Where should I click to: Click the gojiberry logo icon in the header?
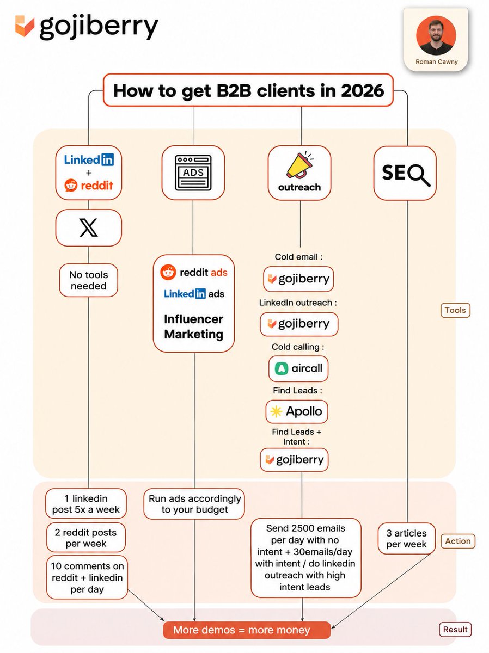pyautogui.click(x=25, y=26)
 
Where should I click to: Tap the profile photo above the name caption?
pyautogui.click(x=436, y=35)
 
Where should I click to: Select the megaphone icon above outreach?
pyautogui.click(x=299, y=165)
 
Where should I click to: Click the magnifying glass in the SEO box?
pyautogui.click(x=419, y=175)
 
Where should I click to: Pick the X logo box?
pyautogui.click(x=88, y=227)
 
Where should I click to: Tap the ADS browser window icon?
pyautogui.click(x=193, y=173)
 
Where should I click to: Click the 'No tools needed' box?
pyautogui.click(x=88, y=280)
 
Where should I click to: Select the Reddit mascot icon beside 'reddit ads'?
pyautogui.click(x=168, y=272)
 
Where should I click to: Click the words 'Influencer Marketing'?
pyautogui.click(x=193, y=326)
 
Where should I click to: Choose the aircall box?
pyautogui.click(x=298, y=368)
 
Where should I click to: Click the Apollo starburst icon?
pyautogui.click(x=276, y=412)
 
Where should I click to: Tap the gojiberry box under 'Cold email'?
pyautogui.click(x=298, y=279)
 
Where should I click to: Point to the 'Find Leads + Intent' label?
pyautogui.click(x=296, y=437)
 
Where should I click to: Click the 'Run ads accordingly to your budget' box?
pyautogui.click(x=194, y=504)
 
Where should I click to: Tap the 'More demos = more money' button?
pyautogui.click(x=247, y=630)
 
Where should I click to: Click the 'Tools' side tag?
pyautogui.click(x=455, y=310)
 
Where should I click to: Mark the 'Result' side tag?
pyautogui.click(x=455, y=630)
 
